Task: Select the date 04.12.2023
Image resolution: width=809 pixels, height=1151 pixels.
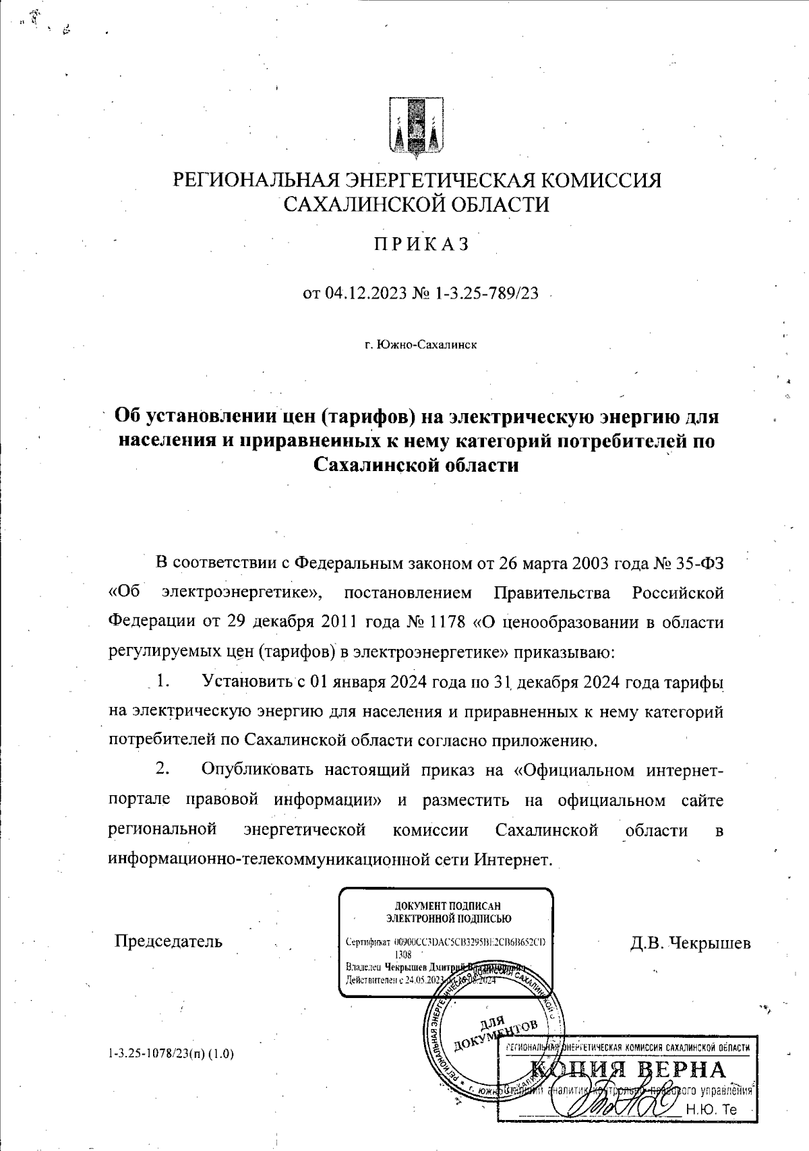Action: [365, 294]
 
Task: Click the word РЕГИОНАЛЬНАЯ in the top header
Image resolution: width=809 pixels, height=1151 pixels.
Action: [256, 181]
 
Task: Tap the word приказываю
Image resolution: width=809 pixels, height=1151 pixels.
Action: [564, 652]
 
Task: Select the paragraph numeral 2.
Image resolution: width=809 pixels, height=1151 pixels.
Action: [162, 769]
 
